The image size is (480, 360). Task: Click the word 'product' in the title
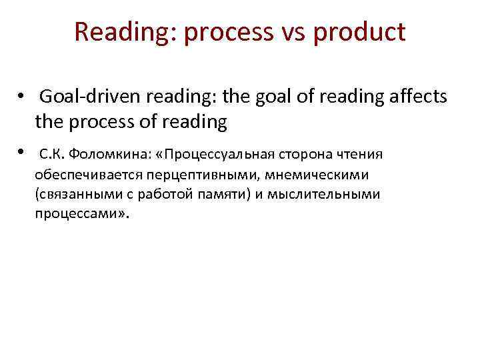(x=360, y=32)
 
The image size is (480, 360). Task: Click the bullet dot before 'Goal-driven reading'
(x=23, y=98)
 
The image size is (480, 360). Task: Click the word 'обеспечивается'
(x=84, y=175)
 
